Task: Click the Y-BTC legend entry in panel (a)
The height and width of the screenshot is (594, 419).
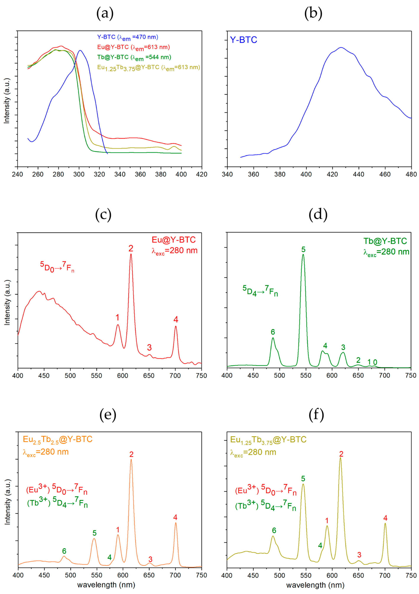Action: point(127,37)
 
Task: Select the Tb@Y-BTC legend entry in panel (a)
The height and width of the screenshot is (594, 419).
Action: point(134,57)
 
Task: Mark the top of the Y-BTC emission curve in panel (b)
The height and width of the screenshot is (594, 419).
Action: point(341,48)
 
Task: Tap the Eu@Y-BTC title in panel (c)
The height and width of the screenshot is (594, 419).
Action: point(174,240)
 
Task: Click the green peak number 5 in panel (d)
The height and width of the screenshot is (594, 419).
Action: point(303,250)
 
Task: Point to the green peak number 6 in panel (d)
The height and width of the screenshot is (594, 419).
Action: point(273,332)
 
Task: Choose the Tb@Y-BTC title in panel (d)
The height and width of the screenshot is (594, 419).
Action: point(385,241)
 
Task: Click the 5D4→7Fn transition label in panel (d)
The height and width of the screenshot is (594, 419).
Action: point(260,291)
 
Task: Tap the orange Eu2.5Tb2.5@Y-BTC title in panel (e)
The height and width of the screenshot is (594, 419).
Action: point(57,439)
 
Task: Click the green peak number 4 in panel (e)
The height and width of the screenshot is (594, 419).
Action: point(110,557)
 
